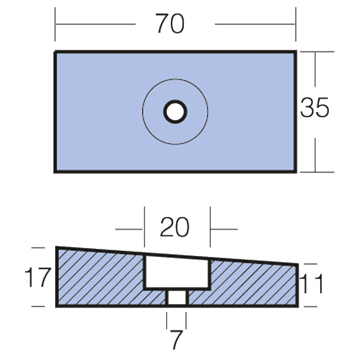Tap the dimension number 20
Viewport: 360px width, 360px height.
(175, 227)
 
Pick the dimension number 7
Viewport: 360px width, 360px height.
(176, 340)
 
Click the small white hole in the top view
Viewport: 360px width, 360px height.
(175, 112)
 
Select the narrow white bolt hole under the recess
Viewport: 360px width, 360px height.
(176, 298)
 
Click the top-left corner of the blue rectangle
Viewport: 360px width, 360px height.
(56, 52)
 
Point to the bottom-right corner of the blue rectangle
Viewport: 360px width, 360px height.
(295, 172)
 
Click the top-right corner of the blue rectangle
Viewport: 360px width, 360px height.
(295, 52)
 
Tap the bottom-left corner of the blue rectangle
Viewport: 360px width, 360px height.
(56, 172)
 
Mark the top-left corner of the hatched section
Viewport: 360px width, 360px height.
(57, 247)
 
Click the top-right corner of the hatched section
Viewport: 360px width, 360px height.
(298, 265)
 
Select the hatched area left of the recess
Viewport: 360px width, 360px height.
(99, 279)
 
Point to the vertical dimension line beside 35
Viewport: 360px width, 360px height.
(316, 144)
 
